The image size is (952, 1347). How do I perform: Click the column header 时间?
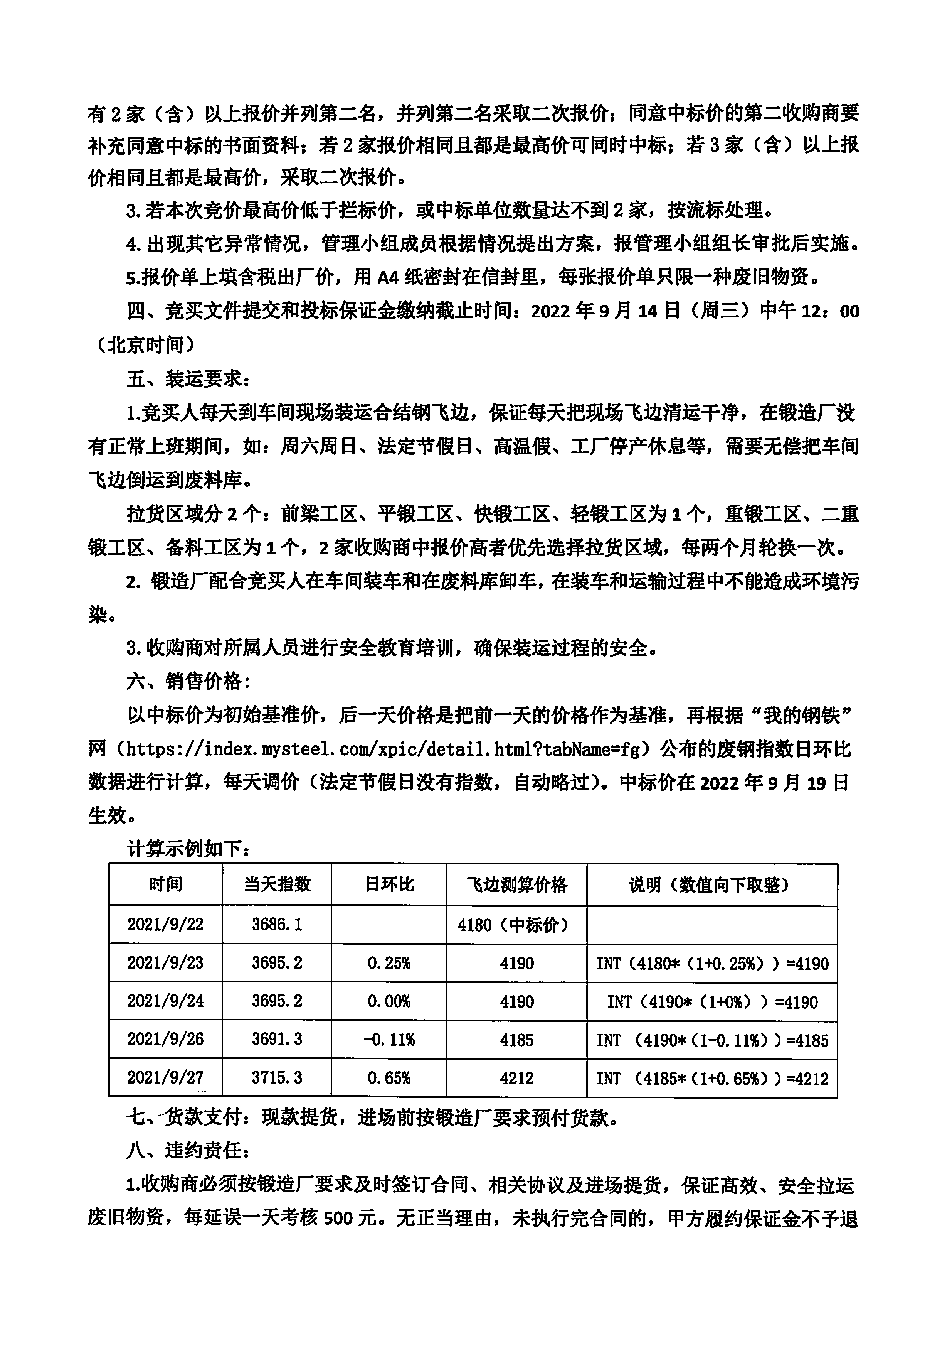pos(165,884)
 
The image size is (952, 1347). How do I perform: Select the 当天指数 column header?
pos(277,884)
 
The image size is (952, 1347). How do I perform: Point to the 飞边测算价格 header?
pos(516,884)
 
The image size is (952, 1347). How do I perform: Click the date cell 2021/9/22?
pos(165,925)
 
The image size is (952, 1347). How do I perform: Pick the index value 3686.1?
pos(277,925)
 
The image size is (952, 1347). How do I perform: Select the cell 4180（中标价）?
pos(513,925)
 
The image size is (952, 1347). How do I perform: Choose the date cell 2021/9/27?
pos(165,1078)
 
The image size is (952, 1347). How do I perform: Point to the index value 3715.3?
pos(277,1078)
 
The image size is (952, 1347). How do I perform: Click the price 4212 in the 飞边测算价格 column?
pos(516,1078)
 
